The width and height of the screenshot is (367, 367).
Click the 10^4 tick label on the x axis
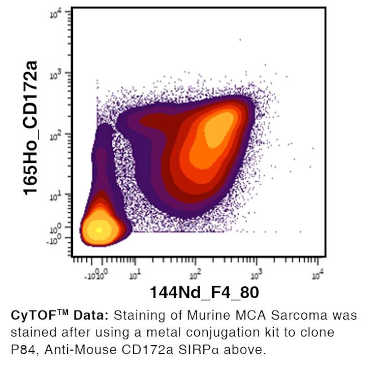(318, 275)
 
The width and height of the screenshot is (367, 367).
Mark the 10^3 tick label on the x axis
(256, 275)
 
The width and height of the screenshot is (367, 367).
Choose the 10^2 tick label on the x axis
(195, 275)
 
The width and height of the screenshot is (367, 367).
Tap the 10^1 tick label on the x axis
(134, 275)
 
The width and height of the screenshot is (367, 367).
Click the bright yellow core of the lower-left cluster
(99, 230)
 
